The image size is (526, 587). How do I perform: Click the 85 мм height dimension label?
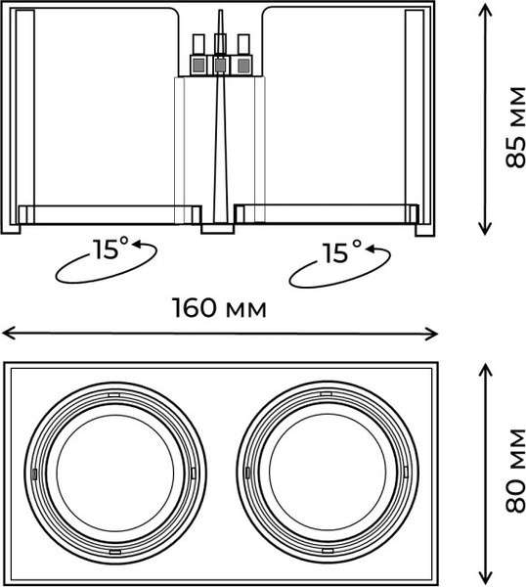point(515,127)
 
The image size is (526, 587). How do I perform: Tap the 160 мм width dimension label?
point(220,308)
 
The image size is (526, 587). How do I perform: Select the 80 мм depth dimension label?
point(515,471)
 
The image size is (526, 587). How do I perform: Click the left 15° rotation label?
point(110,248)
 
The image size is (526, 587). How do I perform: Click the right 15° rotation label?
point(342,252)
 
